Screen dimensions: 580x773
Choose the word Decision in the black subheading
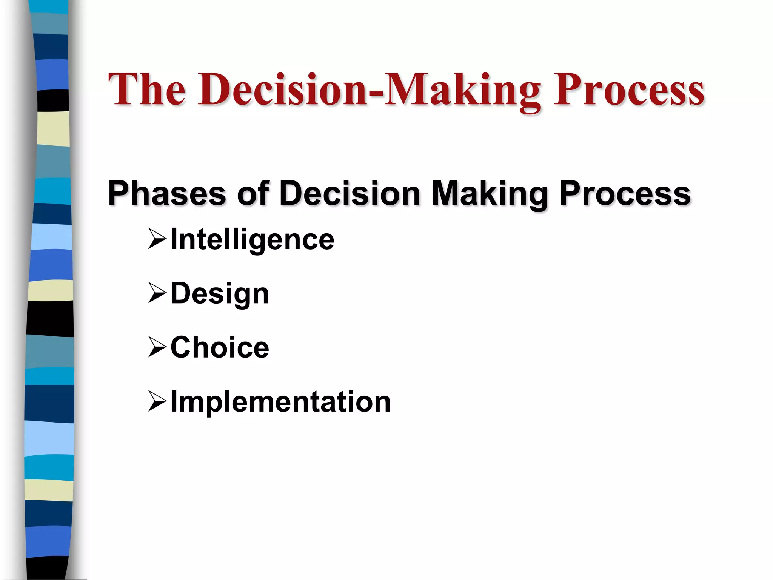point(350,193)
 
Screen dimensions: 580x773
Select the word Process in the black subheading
point(625,193)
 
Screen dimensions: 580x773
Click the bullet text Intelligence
point(252,240)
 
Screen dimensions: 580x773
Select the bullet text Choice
point(220,347)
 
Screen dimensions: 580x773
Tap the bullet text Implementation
point(280,402)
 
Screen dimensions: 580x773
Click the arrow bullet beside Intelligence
point(157,239)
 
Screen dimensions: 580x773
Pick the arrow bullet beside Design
point(157,293)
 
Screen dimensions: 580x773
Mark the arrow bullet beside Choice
point(157,347)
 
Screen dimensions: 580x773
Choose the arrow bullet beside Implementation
point(157,401)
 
